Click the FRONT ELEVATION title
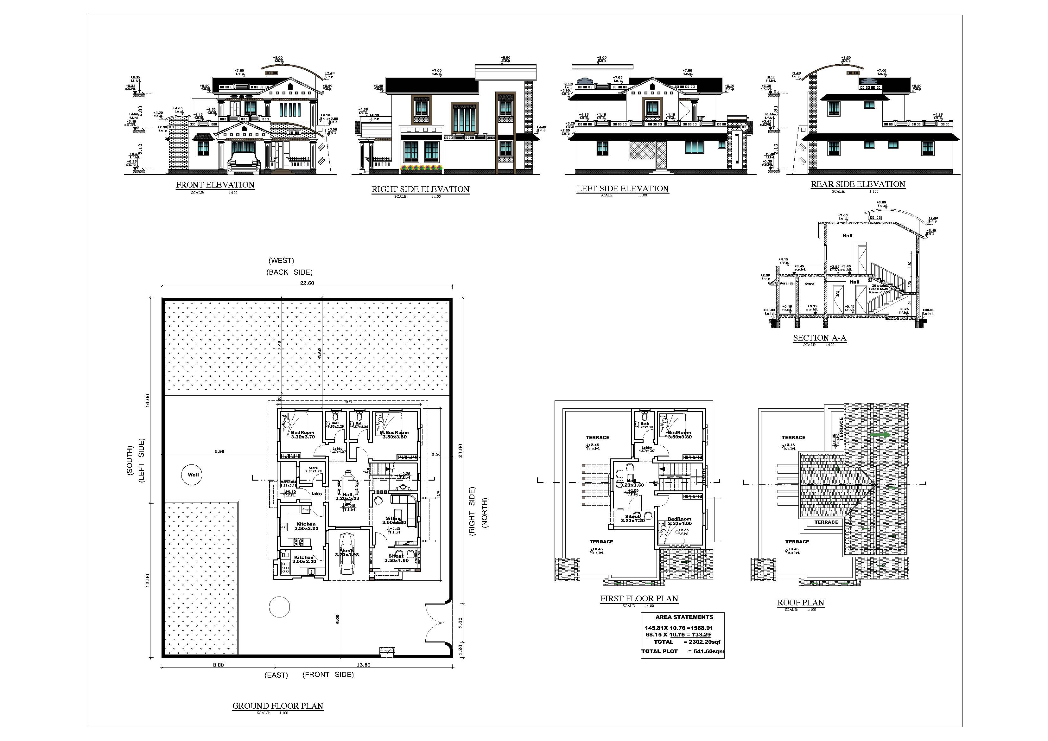(215, 185)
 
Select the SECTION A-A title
(819, 338)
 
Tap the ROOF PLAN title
(801, 603)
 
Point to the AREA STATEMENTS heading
(684, 617)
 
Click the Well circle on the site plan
(193, 475)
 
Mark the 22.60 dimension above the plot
(307, 283)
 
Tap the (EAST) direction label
(276, 675)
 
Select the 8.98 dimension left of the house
(219, 451)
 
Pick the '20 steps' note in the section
(880, 286)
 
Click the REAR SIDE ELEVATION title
(858, 184)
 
